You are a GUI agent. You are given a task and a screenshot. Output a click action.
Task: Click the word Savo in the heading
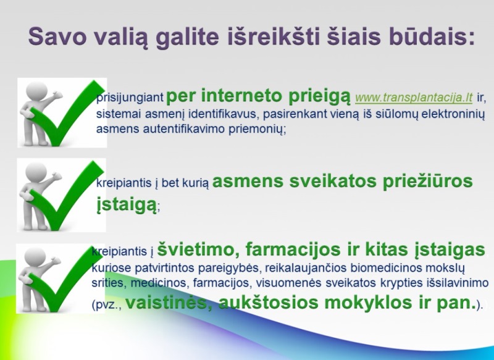coord(57,36)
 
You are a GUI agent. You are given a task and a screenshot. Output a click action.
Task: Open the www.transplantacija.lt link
coord(414,98)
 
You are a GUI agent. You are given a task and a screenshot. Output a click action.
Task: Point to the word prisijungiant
coord(130,98)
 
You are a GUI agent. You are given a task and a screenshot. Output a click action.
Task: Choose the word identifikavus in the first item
coord(224,114)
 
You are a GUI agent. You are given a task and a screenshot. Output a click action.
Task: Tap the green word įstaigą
coord(127,205)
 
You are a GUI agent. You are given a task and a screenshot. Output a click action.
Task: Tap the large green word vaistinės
coord(169,303)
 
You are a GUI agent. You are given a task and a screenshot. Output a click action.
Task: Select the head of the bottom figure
coord(35,256)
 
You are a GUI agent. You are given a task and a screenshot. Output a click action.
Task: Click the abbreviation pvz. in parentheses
coord(107,305)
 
